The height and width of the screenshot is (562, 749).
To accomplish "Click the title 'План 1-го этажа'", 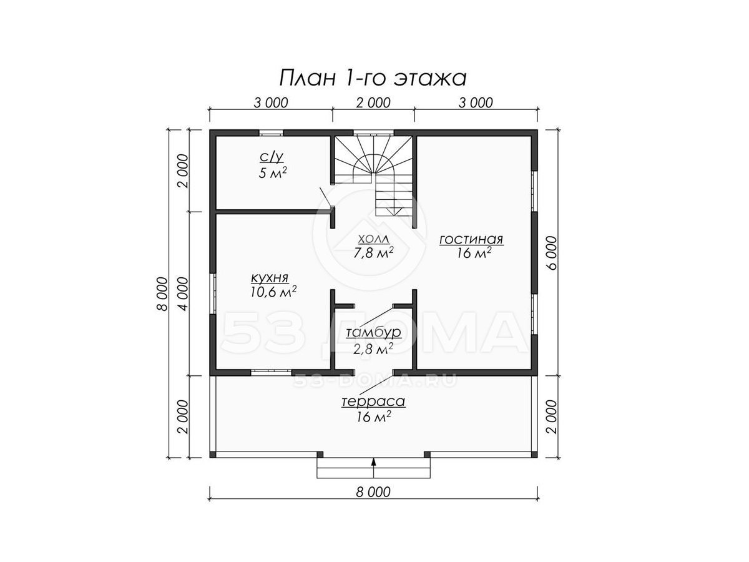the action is (373, 79).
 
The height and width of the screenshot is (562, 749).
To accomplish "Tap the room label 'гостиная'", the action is (471, 240).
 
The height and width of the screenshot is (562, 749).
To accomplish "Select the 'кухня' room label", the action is (270, 278).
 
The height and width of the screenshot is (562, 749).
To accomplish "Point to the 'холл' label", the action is (373, 239).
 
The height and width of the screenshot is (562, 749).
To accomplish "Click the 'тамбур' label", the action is (373, 332).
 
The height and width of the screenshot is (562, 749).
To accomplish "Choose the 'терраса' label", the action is (373, 402).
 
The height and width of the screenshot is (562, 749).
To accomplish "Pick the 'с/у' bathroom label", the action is (272, 157).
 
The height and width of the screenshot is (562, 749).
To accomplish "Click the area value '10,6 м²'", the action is (273, 292).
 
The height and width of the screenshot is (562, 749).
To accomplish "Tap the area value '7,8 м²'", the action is (373, 253).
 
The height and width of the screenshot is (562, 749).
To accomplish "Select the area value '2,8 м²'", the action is (373, 349).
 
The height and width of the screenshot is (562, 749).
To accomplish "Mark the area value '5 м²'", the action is (272, 173).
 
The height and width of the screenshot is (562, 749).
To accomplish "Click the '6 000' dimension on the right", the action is (551, 253).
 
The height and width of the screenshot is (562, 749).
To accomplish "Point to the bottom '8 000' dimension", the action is (373, 492).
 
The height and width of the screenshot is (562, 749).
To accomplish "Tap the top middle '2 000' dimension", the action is (373, 102).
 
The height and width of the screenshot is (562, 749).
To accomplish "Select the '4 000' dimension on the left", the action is (183, 293).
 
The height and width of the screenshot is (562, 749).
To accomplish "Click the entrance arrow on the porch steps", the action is (374, 468).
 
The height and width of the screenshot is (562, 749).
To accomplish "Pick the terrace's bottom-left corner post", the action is (213, 454).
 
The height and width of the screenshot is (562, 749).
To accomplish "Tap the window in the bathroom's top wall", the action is (271, 133).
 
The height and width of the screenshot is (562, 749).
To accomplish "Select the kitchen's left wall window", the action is (213, 293).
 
